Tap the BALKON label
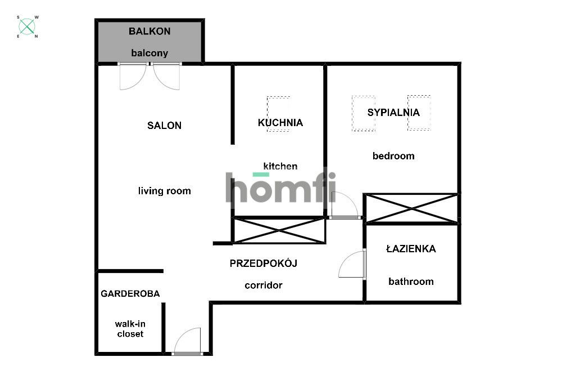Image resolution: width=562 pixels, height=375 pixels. pyautogui.click(x=149, y=31)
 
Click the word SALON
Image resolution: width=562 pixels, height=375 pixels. pyautogui.click(x=164, y=126)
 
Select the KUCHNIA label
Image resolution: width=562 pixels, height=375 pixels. pyautogui.click(x=280, y=123)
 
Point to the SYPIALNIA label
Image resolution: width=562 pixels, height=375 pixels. pyautogui.click(x=393, y=112)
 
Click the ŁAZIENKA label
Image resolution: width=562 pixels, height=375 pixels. pyautogui.click(x=411, y=249)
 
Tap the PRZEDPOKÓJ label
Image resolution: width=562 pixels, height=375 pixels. pyautogui.click(x=263, y=263)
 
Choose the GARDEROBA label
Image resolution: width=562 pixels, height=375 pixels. pyautogui.click(x=130, y=293)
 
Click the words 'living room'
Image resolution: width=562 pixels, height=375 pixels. pyautogui.click(x=164, y=191)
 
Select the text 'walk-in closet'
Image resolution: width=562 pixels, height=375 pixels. pyautogui.click(x=130, y=329)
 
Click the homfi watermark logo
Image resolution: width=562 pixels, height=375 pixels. pyautogui.click(x=280, y=187)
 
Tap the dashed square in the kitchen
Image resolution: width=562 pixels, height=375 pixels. pyautogui.click(x=278, y=113)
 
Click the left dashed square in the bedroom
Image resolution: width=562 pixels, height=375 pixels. pyautogui.click(x=363, y=113)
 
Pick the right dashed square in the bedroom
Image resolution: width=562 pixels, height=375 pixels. pyautogui.click(x=419, y=113)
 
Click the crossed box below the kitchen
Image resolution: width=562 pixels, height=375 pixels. pyautogui.click(x=279, y=230)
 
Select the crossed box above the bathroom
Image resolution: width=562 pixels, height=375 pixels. pyautogui.click(x=412, y=208)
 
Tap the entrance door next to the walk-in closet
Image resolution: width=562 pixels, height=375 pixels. pyautogui.click(x=188, y=341)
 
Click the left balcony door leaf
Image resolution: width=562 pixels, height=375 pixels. pyautogui.click(x=133, y=77)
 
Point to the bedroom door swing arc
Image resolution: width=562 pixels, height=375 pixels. pyautogui.click(x=344, y=204)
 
